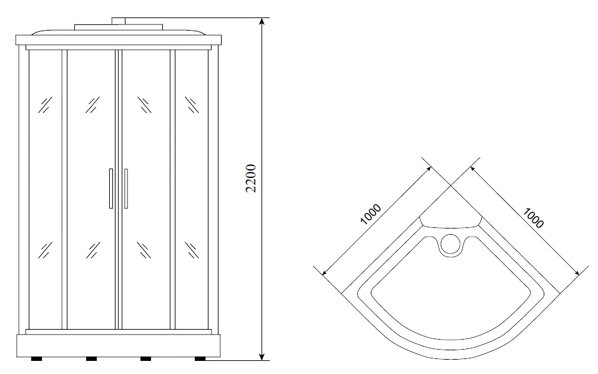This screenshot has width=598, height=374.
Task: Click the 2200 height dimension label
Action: (250, 178)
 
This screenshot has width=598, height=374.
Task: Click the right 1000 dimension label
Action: (533, 218)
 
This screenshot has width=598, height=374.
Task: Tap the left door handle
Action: (111, 189)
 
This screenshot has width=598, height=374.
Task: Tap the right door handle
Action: (126, 189)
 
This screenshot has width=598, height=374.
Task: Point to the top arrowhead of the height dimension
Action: (262, 22)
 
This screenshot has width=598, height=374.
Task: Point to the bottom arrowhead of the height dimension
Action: (262, 356)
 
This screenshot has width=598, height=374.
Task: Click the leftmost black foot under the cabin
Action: (37, 358)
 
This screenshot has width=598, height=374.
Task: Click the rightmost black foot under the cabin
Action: (200, 358)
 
